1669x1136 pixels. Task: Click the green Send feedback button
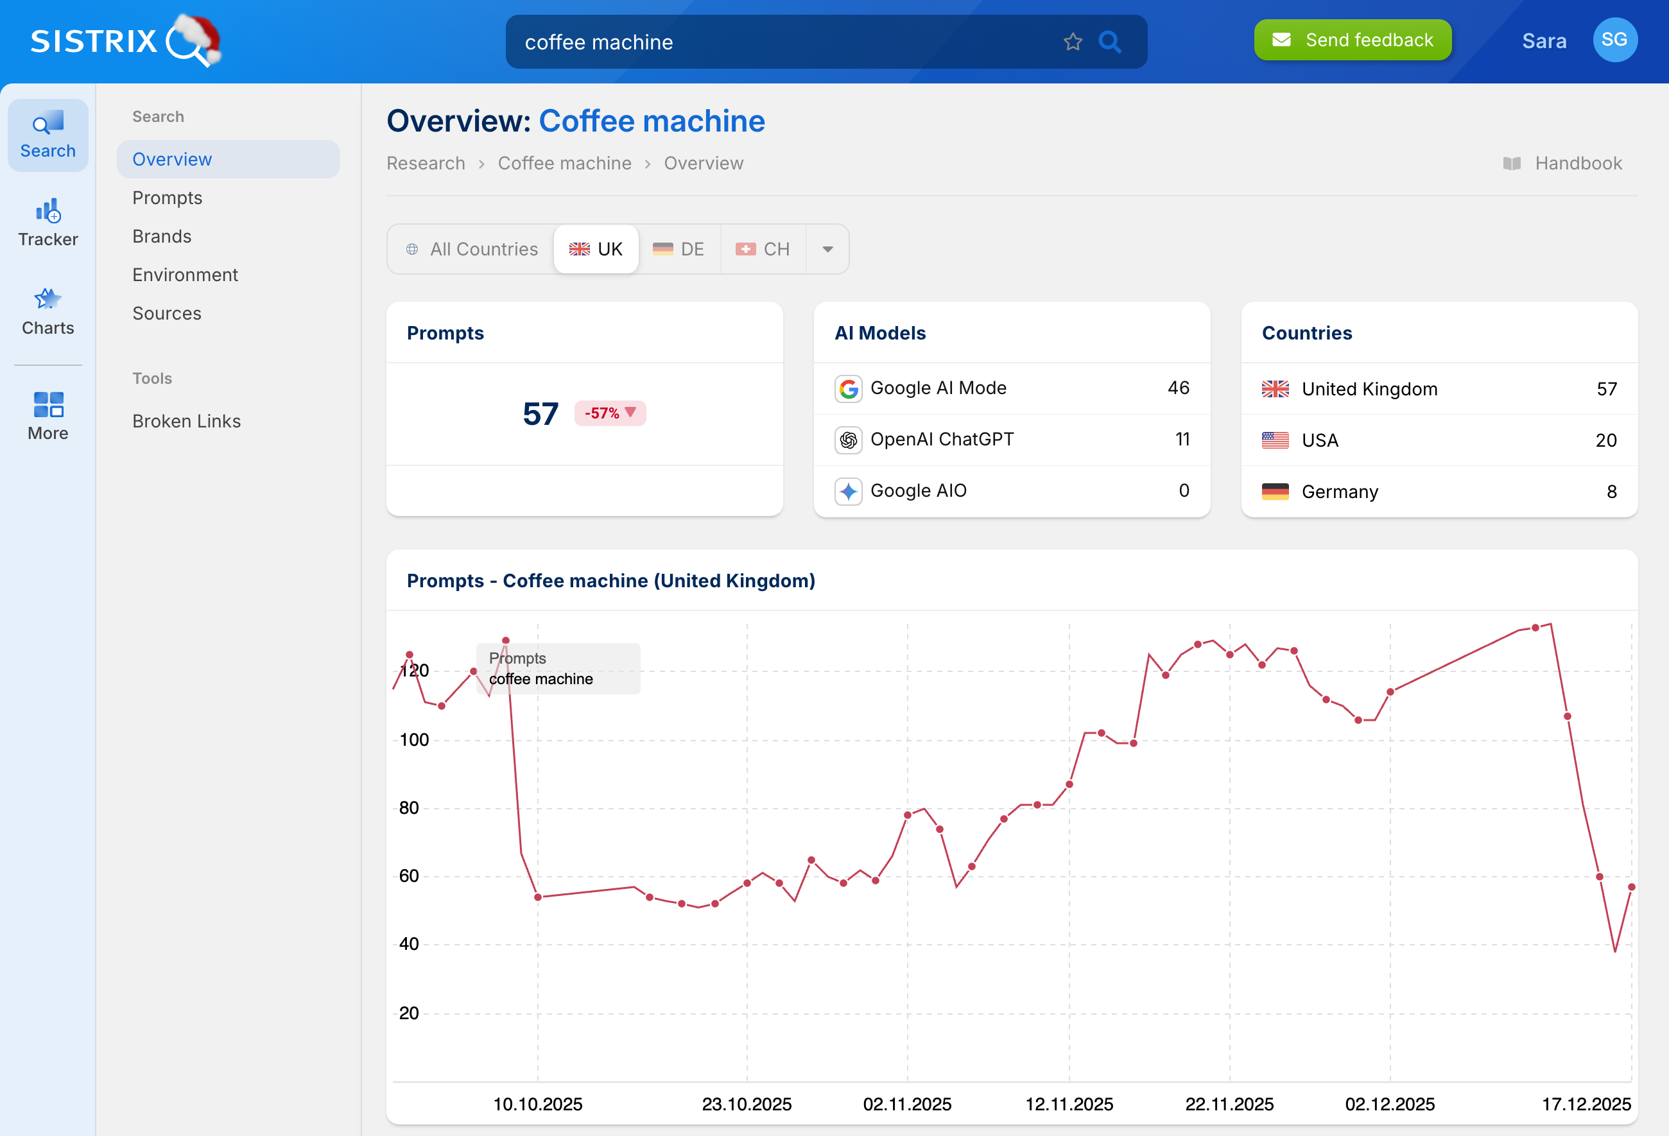tap(1352, 40)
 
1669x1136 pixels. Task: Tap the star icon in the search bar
tap(1072, 42)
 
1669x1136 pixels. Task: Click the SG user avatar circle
tap(1614, 40)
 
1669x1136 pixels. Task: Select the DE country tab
tap(679, 249)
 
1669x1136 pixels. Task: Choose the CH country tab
tap(763, 249)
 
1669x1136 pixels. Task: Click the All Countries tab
tap(472, 249)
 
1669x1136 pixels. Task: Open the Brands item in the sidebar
tap(162, 236)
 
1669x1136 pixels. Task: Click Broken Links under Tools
tap(186, 421)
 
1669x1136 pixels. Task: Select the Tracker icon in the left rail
tap(48, 223)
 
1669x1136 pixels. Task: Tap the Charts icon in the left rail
tap(48, 311)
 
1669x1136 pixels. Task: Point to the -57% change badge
tap(610, 413)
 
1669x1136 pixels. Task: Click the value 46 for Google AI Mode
tap(1178, 388)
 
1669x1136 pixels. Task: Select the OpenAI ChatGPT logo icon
tap(848, 440)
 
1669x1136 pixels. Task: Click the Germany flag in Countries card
tap(1275, 492)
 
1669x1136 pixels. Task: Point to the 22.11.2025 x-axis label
tap(1229, 1104)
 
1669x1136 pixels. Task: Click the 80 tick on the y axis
tap(409, 808)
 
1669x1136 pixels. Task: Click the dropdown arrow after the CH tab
tap(827, 249)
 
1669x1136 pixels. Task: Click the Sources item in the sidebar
tap(167, 313)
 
